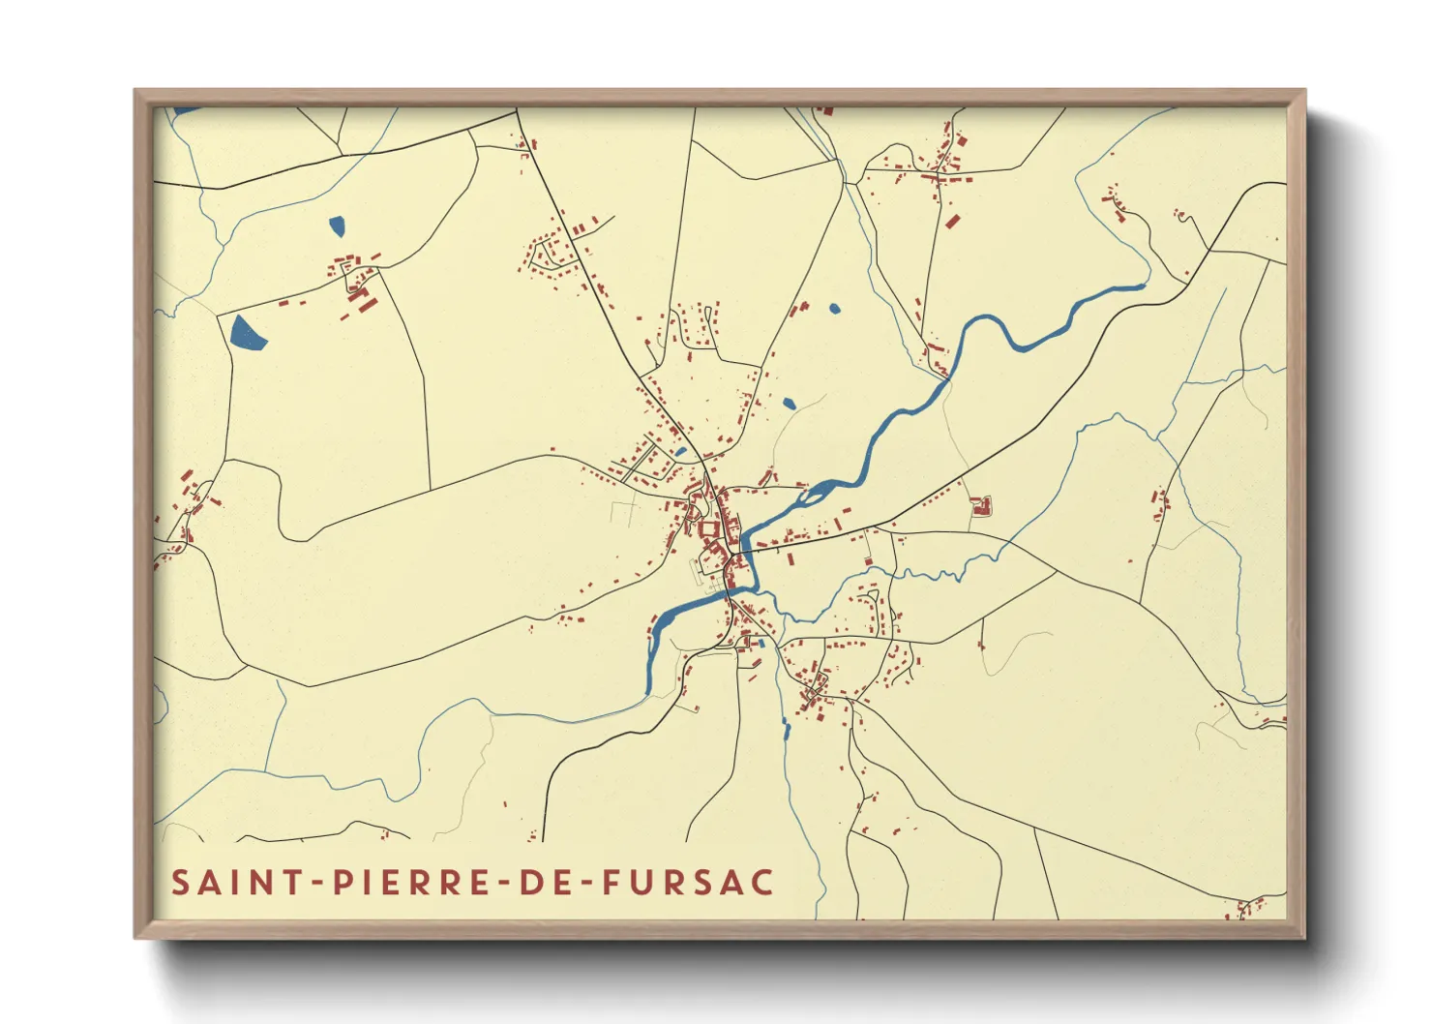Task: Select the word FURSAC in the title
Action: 688,883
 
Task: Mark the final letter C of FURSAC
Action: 762,883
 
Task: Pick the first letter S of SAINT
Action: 181,883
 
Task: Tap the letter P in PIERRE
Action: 342,883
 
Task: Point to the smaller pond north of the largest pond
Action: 337,226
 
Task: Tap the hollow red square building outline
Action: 982,506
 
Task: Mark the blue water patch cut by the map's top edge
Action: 186,110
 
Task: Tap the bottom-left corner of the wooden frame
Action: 136,937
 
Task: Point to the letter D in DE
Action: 529,883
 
